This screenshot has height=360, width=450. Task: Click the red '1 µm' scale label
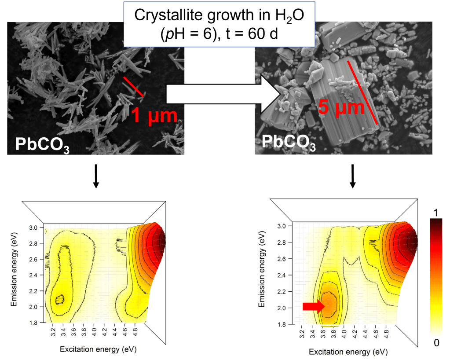click(x=154, y=115)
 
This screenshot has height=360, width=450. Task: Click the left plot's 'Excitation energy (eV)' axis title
click(x=93, y=349)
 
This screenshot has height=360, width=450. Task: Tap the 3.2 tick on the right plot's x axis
click(x=302, y=332)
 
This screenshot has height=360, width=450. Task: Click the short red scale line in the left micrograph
click(x=133, y=87)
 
